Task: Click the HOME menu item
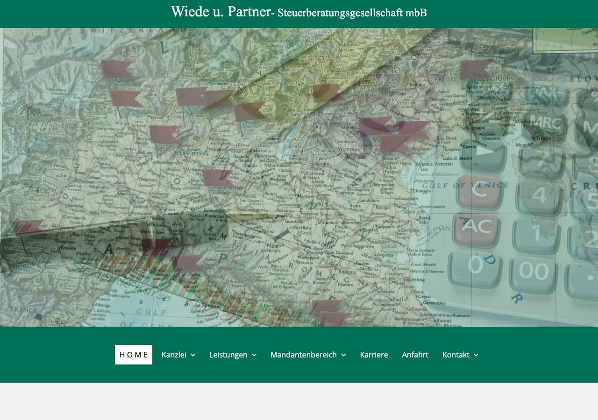tap(134, 355)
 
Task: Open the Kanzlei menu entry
tap(174, 355)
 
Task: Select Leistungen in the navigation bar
tap(228, 355)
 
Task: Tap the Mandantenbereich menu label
tap(304, 355)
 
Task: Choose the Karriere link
tap(374, 355)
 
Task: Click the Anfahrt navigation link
tap(415, 355)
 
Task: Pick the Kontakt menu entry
tap(456, 355)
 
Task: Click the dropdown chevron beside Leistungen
tap(254, 355)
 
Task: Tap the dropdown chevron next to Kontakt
tap(476, 355)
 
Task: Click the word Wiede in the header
tap(190, 12)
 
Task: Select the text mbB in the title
tap(416, 13)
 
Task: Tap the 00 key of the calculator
tap(534, 271)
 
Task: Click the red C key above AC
tap(479, 189)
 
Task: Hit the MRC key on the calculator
tap(544, 123)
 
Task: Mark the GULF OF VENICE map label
tap(465, 185)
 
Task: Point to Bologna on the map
tap(347, 272)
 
